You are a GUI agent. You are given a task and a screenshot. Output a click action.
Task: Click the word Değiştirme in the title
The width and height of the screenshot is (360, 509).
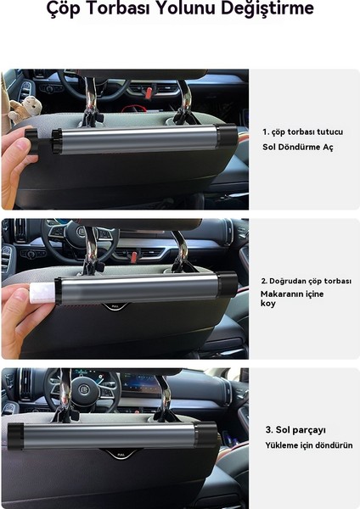click(x=267, y=8)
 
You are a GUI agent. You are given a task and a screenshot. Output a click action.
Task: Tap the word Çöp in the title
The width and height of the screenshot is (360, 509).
click(x=64, y=8)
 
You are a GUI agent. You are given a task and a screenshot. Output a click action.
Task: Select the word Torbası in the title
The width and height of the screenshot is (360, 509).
click(x=119, y=8)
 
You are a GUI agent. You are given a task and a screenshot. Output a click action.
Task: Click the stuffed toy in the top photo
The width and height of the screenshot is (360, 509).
click(x=25, y=109)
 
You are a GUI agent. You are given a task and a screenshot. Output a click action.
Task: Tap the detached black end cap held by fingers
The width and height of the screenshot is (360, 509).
click(x=31, y=141)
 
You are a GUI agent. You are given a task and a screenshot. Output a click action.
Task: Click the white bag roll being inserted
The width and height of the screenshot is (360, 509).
click(x=42, y=293)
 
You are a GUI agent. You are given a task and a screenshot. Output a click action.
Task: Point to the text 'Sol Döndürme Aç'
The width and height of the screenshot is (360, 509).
click(x=298, y=147)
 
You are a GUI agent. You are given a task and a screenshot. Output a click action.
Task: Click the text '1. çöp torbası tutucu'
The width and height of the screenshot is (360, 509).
click(x=302, y=131)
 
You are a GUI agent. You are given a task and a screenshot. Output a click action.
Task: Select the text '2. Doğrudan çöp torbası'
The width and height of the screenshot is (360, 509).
click(x=306, y=281)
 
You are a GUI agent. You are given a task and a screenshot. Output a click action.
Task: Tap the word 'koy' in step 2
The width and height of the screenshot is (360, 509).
click(x=268, y=304)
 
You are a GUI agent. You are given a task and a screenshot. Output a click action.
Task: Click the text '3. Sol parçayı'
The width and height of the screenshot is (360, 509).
click(x=295, y=430)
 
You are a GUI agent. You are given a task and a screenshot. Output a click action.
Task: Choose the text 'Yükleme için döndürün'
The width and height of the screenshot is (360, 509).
click(x=309, y=445)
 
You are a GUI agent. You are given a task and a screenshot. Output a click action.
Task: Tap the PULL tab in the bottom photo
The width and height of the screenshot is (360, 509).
click(x=121, y=455)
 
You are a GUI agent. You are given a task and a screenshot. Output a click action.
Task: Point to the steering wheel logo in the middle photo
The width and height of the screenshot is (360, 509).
click(x=81, y=232)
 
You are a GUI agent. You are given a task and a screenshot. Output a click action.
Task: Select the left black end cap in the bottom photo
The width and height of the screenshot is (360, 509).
click(x=15, y=436)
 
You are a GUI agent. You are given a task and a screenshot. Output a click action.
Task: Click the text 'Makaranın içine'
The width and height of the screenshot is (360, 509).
click(x=292, y=294)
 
